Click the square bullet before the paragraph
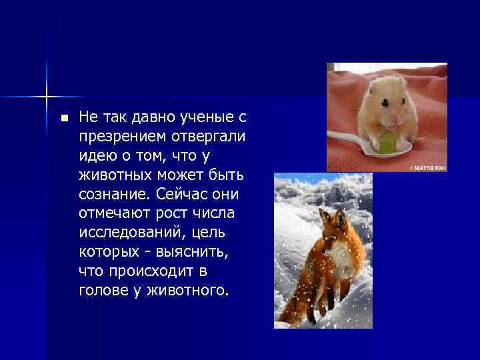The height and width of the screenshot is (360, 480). (x=64, y=119)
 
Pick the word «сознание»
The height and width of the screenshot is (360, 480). (x=115, y=195)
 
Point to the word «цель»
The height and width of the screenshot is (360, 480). (x=208, y=234)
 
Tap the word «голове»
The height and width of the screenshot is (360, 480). (x=100, y=291)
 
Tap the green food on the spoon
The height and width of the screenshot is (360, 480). (x=389, y=143)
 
